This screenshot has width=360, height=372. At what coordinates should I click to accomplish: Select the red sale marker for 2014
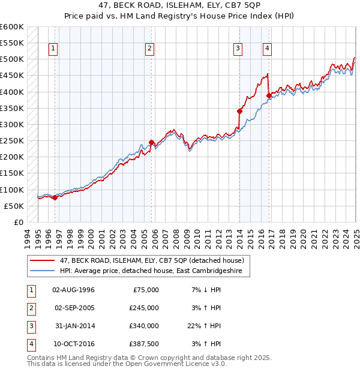pyautogui.click(x=239, y=111)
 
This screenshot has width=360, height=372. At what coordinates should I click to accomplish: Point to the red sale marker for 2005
pyautogui.click(x=151, y=142)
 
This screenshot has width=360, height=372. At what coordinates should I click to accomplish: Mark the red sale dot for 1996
pyautogui.click(x=55, y=197)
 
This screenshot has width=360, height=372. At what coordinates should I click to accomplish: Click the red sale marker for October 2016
pyautogui.click(x=268, y=95)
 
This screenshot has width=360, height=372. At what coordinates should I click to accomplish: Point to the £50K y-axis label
pyautogui.click(x=14, y=206)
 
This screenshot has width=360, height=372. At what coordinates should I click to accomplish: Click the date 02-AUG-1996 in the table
pyautogui.click(x=74, y=290)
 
